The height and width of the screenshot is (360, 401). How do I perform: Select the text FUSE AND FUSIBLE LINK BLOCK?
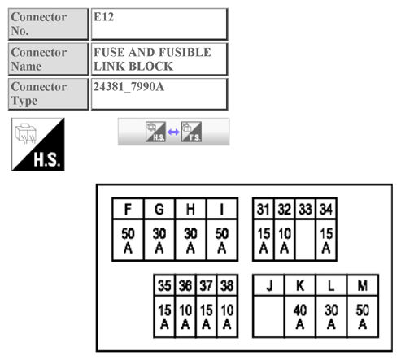tap(152, 59)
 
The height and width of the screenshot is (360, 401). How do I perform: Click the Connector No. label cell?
tap(47, 24)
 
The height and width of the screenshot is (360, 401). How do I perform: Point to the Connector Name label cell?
tap(47, 59)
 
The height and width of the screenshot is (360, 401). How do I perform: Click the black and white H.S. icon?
tap(37, 143)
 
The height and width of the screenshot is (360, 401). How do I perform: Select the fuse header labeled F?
tap(128, 210)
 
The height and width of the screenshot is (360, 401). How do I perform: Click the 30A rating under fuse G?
tap(159, 240)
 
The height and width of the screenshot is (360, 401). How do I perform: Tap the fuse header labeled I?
tap(221, 210)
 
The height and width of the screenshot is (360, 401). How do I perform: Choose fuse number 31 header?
tap(263, 210)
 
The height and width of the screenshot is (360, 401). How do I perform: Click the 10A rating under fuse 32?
tap(284, 240)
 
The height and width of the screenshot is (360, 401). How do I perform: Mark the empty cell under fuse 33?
tap(305, 240)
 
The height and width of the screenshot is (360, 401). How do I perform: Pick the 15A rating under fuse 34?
tap(326, 240)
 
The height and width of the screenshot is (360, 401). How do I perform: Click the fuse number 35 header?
tap(164, 286)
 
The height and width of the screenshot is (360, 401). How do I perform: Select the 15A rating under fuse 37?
tap(207, 317)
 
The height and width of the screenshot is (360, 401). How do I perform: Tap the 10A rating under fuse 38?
tap(228, 317)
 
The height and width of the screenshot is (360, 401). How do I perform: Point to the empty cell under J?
tap(268, 317)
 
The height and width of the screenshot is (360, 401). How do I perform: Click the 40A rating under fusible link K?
tap(299, 317)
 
